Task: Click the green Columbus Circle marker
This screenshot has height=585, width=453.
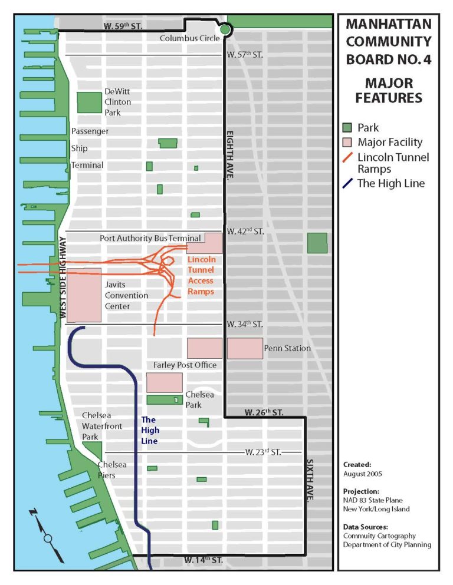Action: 224,30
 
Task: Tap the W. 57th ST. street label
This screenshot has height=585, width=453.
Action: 245,55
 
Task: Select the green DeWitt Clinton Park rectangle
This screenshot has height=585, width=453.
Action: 89,103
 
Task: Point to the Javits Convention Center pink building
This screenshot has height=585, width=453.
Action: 84,295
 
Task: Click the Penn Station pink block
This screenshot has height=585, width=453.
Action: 245,348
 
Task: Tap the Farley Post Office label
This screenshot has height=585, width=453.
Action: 185,365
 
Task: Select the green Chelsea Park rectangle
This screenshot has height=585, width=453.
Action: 164,399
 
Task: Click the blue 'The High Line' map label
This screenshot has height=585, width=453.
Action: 149,430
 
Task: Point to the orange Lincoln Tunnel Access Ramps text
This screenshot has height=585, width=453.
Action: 201,275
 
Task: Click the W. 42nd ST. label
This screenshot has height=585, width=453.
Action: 245,232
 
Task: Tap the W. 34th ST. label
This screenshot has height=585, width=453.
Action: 245,324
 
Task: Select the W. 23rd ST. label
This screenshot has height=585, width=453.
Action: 263,452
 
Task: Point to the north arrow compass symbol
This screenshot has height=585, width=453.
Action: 48,536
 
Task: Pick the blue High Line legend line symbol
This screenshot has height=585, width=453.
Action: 348,183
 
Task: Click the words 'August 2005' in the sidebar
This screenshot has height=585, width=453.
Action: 363,474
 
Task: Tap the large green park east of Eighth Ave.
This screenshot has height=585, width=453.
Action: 317,243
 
